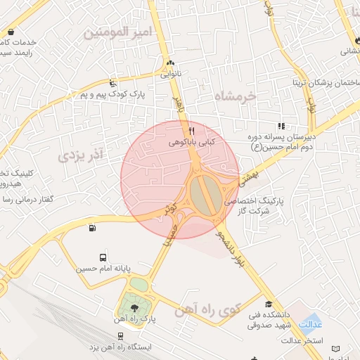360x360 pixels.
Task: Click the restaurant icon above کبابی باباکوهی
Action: click(x=191, y=131)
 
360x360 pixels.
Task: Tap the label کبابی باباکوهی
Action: click(x=191, y=142)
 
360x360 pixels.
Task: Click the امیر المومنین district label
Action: click(x=117, y=33)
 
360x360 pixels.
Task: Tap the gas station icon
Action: click(x=92, y=227)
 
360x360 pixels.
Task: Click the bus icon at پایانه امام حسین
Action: click(x=103, y=258)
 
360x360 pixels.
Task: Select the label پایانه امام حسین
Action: click(x=104, y=269)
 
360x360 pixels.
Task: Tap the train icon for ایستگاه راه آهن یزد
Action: click(x=121, y=337)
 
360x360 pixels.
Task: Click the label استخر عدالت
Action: click(x=302, y=342)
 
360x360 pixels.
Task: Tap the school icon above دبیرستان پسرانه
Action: click(x=282, y=126)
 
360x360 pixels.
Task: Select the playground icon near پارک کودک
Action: click(x=114, y=82)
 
